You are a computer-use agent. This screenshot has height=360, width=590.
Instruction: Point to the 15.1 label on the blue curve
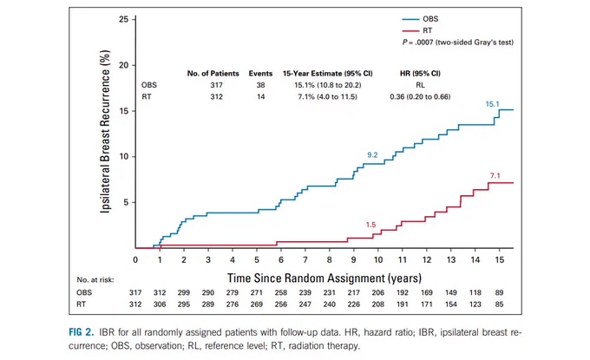(492, 104)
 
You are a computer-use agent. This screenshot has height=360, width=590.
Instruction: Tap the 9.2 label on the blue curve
(372, 155)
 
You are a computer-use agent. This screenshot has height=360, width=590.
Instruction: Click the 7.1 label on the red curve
(495, 176)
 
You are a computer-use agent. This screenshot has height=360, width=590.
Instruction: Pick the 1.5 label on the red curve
(370, 225)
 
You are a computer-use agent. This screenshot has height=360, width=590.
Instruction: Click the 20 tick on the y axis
(124, 65)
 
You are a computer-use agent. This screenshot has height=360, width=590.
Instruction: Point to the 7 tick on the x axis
(305, 260)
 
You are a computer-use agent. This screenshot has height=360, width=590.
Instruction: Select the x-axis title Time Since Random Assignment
(324, 278)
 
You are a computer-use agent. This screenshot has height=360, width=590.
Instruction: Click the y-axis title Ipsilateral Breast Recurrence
(105, 131)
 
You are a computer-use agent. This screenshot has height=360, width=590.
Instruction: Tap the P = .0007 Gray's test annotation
(457, 43)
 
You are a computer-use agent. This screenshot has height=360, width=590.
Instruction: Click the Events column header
(260, 74)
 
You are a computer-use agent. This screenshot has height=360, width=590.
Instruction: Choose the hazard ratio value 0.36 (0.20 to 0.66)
(420, 96)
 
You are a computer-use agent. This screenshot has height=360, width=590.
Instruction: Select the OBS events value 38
(261, 85)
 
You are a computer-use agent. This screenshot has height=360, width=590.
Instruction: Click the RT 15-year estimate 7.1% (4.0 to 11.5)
(327, 96)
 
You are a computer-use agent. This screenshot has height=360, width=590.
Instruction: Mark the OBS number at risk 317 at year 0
(135, 292)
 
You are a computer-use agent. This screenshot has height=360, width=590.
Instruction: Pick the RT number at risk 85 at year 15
(499, 304)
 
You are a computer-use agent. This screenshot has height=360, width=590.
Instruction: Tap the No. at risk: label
(95, 280)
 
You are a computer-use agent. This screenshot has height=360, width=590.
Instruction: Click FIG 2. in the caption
(81, 332)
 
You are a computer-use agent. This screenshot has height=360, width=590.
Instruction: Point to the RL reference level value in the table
(420, 85)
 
